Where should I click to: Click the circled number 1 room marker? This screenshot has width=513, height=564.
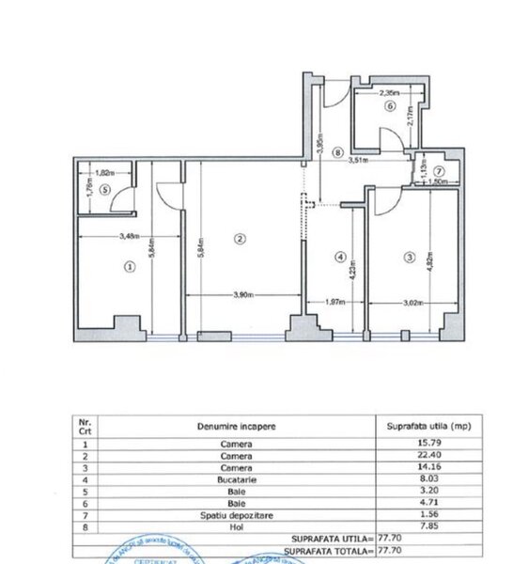130,267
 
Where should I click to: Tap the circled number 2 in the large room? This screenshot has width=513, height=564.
240,239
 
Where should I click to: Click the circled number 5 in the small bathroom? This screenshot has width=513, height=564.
105,188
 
